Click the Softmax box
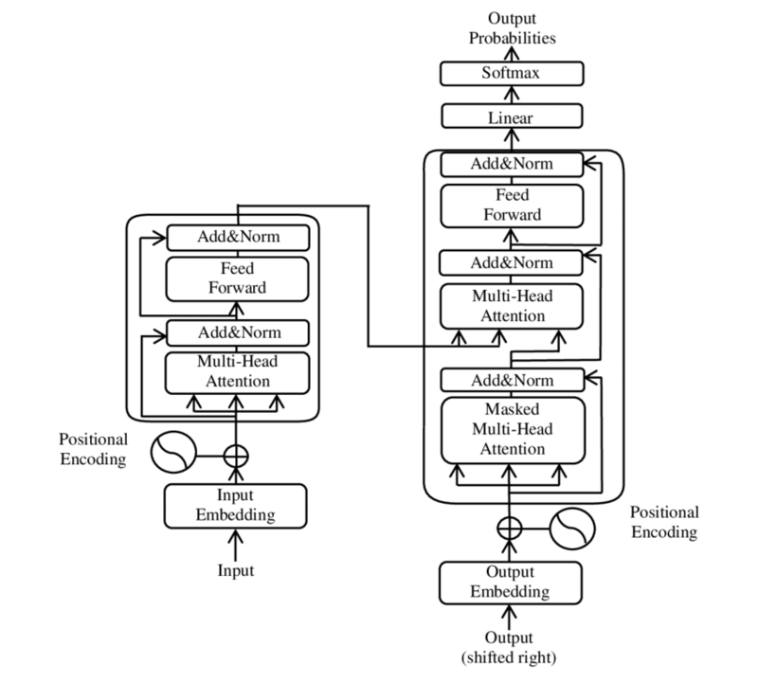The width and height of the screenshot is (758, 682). (511, 73)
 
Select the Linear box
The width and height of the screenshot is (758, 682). (511, 118)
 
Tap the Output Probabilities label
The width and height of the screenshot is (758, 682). (510, 27)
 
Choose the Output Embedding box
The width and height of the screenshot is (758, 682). (510, 582)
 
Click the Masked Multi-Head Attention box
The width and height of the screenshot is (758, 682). (511, 429)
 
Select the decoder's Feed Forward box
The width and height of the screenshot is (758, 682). (511, 205)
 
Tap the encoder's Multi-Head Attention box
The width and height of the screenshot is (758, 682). (238, 371)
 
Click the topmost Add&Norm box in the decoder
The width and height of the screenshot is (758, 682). (511, 164)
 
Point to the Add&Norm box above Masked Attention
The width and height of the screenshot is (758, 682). (511, 381)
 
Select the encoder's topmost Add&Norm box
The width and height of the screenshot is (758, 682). (238, 236)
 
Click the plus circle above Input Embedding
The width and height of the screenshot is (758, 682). (235, 455)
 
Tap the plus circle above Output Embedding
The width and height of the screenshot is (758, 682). (510, 528)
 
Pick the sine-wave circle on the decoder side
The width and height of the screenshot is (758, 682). (571, 528)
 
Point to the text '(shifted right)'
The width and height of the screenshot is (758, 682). (510, 656)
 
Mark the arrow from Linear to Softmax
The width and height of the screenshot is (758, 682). (511, 96)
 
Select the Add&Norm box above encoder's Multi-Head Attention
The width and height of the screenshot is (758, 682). (238, 332)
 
